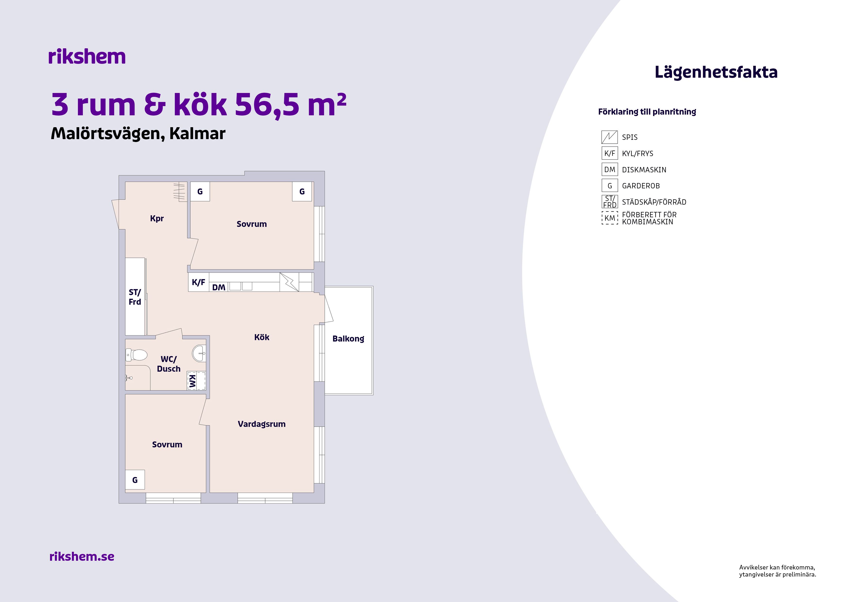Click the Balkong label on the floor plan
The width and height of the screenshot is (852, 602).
coord(348,339)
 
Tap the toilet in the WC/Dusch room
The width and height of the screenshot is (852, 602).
coord(136,355)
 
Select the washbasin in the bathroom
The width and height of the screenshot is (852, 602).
coord(199,353)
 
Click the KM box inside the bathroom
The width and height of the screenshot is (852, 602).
coord(196,381)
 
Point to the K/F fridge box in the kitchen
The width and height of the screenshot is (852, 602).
coord(198,282)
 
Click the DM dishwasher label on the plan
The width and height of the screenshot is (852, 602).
coord(219,287)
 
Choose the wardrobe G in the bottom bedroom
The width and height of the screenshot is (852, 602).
coord(135,480)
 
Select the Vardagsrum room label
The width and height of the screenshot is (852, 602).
coord(262,424)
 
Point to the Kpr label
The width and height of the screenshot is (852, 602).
coord(157,218)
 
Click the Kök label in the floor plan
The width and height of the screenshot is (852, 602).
coord(262,337)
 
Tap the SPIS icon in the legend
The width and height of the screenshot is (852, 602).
coord(609,137)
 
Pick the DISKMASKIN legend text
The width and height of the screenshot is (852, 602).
coord(644,170)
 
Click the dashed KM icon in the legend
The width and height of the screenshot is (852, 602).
coord(610,218)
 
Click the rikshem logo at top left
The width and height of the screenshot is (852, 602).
coord(87,57)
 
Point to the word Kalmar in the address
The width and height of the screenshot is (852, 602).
coord(197,134)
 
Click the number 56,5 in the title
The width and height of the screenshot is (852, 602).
coord(267,105)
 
